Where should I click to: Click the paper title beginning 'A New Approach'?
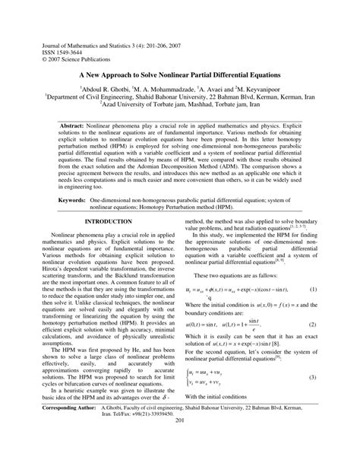coord(179,77)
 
